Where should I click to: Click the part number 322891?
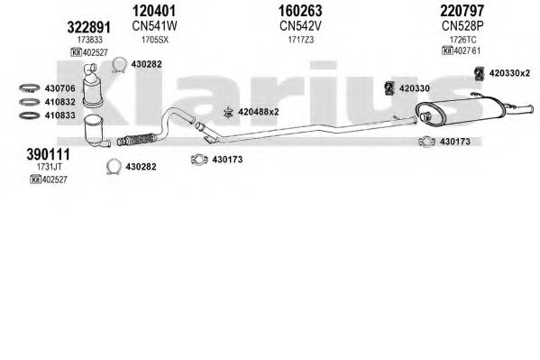pos(89,27)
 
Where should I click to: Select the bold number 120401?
pos(154,11)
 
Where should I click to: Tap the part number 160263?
pos(300,11)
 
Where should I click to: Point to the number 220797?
pos(462,11)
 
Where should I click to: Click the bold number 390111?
pos(48,154)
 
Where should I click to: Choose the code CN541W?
pos(154,26)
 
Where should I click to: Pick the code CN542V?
pos(300,26)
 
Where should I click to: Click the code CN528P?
pos(462,26)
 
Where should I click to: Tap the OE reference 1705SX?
pos(155,40)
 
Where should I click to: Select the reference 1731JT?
pos(50,167)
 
